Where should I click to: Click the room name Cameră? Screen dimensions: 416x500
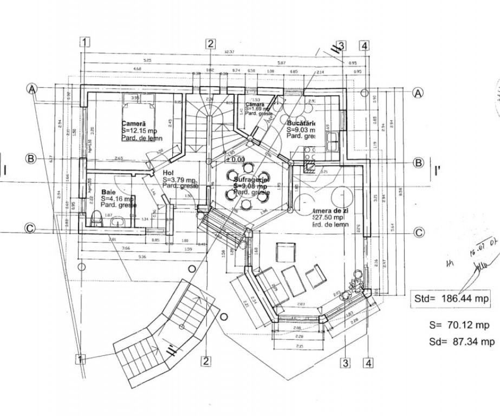pyautogui.click(x=134, y=123)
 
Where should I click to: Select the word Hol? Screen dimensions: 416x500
pyautogui.click(x=167, y=173)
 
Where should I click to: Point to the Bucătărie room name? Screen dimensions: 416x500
pyautogui.click(x=301, y=123)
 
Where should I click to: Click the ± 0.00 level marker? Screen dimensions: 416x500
pyautogui.click(x=235, y=160)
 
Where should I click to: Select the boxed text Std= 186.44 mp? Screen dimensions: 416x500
pyautogui.click(x=451, y=298)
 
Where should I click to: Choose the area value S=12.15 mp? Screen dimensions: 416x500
pyautogui.click(x=140, y=131)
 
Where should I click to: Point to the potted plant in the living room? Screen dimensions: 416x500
pyautogui.click(x=357, y=282)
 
